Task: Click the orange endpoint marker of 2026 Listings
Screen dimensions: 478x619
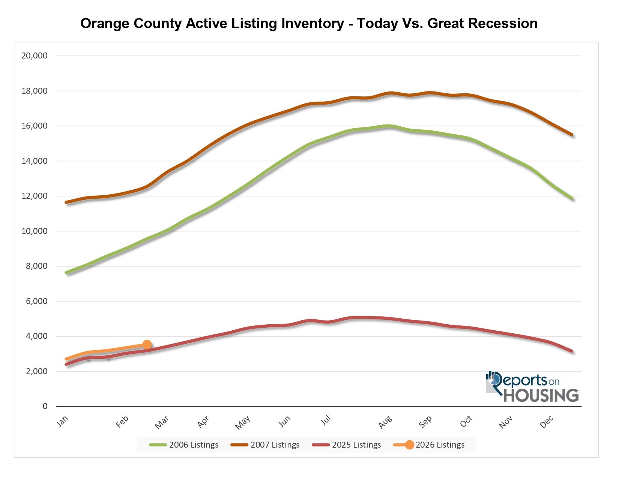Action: pos(147,345)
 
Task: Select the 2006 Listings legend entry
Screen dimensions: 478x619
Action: pos(184,445)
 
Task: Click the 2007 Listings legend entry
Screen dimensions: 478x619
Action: pos(265,445)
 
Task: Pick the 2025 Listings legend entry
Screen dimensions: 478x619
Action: pos(346,445)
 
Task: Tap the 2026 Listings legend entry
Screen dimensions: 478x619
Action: pos(430,445)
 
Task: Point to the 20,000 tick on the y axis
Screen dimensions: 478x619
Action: pos(35,56)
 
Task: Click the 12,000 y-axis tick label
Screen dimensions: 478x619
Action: pos(35,196)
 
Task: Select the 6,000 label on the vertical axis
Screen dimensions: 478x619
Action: pos(36,301)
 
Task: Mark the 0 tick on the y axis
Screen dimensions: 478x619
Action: pos(45,406)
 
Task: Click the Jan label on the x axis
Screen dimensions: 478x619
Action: pos(62,421)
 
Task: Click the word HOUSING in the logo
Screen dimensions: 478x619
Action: pos(541,396)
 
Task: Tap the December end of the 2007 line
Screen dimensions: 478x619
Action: pos(572,135)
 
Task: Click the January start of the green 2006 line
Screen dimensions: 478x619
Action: pos(67,273)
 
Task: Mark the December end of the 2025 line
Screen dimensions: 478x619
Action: pos(572,351)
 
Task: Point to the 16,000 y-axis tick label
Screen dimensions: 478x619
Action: pos(35,126)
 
